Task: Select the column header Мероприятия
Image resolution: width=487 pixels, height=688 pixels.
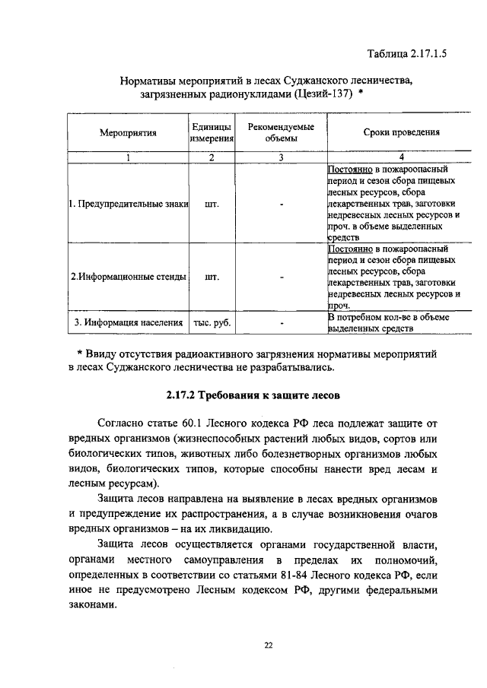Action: click(x=128, y=132)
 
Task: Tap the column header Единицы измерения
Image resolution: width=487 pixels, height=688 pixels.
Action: click(x=211, y=132)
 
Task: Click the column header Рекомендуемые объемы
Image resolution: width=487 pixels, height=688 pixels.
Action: click(x=281, y=132)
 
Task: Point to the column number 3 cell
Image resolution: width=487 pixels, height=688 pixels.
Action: click(x=281, y=157)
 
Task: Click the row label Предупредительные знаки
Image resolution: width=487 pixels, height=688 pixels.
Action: click(x=128, y=204)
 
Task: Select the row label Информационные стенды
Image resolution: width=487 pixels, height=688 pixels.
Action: click(x=128, y=277)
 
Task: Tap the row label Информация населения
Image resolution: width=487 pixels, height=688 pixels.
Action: click(x=128, y=322)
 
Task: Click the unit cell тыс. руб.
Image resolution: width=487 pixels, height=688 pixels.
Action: click(x=211, y=322)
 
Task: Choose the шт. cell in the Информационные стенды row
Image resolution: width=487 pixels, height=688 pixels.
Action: click(x=211, y=277)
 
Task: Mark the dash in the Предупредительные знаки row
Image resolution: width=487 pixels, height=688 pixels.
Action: click(x=281, y=204)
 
